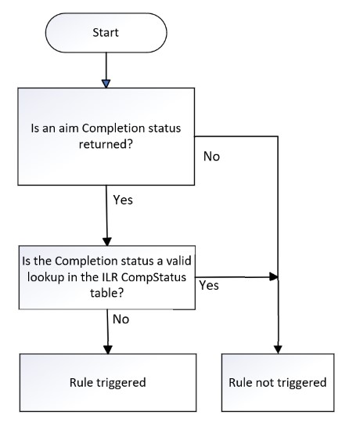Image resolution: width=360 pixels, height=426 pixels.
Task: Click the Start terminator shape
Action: [106, 34]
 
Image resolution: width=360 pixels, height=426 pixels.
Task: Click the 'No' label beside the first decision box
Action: [211, 157]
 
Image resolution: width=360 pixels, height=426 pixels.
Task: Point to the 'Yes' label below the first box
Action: [122, 200]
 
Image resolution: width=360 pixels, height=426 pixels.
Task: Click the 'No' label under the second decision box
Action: [121, 319]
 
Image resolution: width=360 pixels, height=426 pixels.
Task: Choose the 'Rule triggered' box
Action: [106, 384]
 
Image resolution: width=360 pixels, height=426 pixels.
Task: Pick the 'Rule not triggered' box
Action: [278, 384]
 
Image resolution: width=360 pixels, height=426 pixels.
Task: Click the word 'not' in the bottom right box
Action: [279, 384]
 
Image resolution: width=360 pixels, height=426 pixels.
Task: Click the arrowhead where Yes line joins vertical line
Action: [273, 276]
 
